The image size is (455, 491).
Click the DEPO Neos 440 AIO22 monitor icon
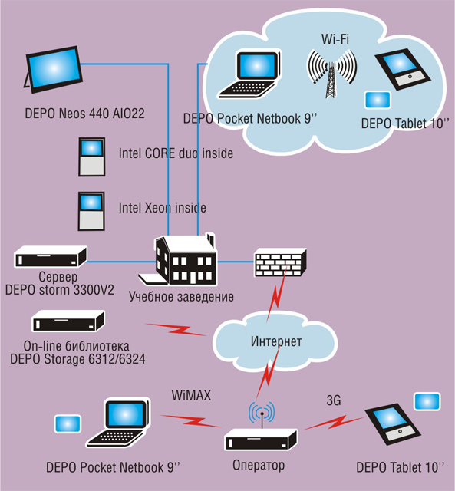tap(53, 70)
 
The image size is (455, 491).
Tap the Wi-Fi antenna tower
tap(331, 74)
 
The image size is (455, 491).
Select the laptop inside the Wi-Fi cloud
tap(249, 75)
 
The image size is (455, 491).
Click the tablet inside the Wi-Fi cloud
tap(402, 70)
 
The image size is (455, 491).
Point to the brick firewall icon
tap(280, 262)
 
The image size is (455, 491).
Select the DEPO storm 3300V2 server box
tap(51, 257)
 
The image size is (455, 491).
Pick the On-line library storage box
tap(68, 321)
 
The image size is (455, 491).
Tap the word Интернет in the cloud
tap(276, 341)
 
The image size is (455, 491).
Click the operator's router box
tap(261, 439)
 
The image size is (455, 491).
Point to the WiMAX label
tap(191, 396)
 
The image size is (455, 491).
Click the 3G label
tap(334, 400)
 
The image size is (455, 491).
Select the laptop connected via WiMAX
tap(118, 423)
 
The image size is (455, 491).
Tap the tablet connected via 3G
tap(393, 426)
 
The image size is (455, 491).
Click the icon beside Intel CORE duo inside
tap(92, 157)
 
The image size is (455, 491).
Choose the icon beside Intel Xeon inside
tap(91, 212)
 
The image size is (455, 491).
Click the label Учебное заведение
tap(181, 297)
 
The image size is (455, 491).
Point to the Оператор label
tap(259, 466)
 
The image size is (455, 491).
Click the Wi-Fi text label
tap(335, 39)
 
